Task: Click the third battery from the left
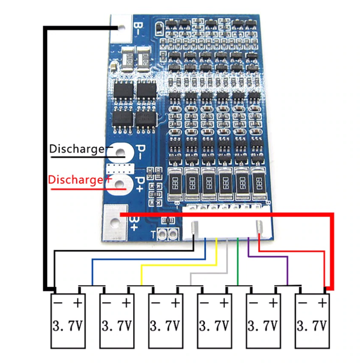[x=165, y=320]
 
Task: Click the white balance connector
[x=226, y=224]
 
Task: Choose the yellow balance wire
[x=179, y=265]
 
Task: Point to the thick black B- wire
[x=45, y=155]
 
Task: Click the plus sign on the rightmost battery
[x=322, y=302]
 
